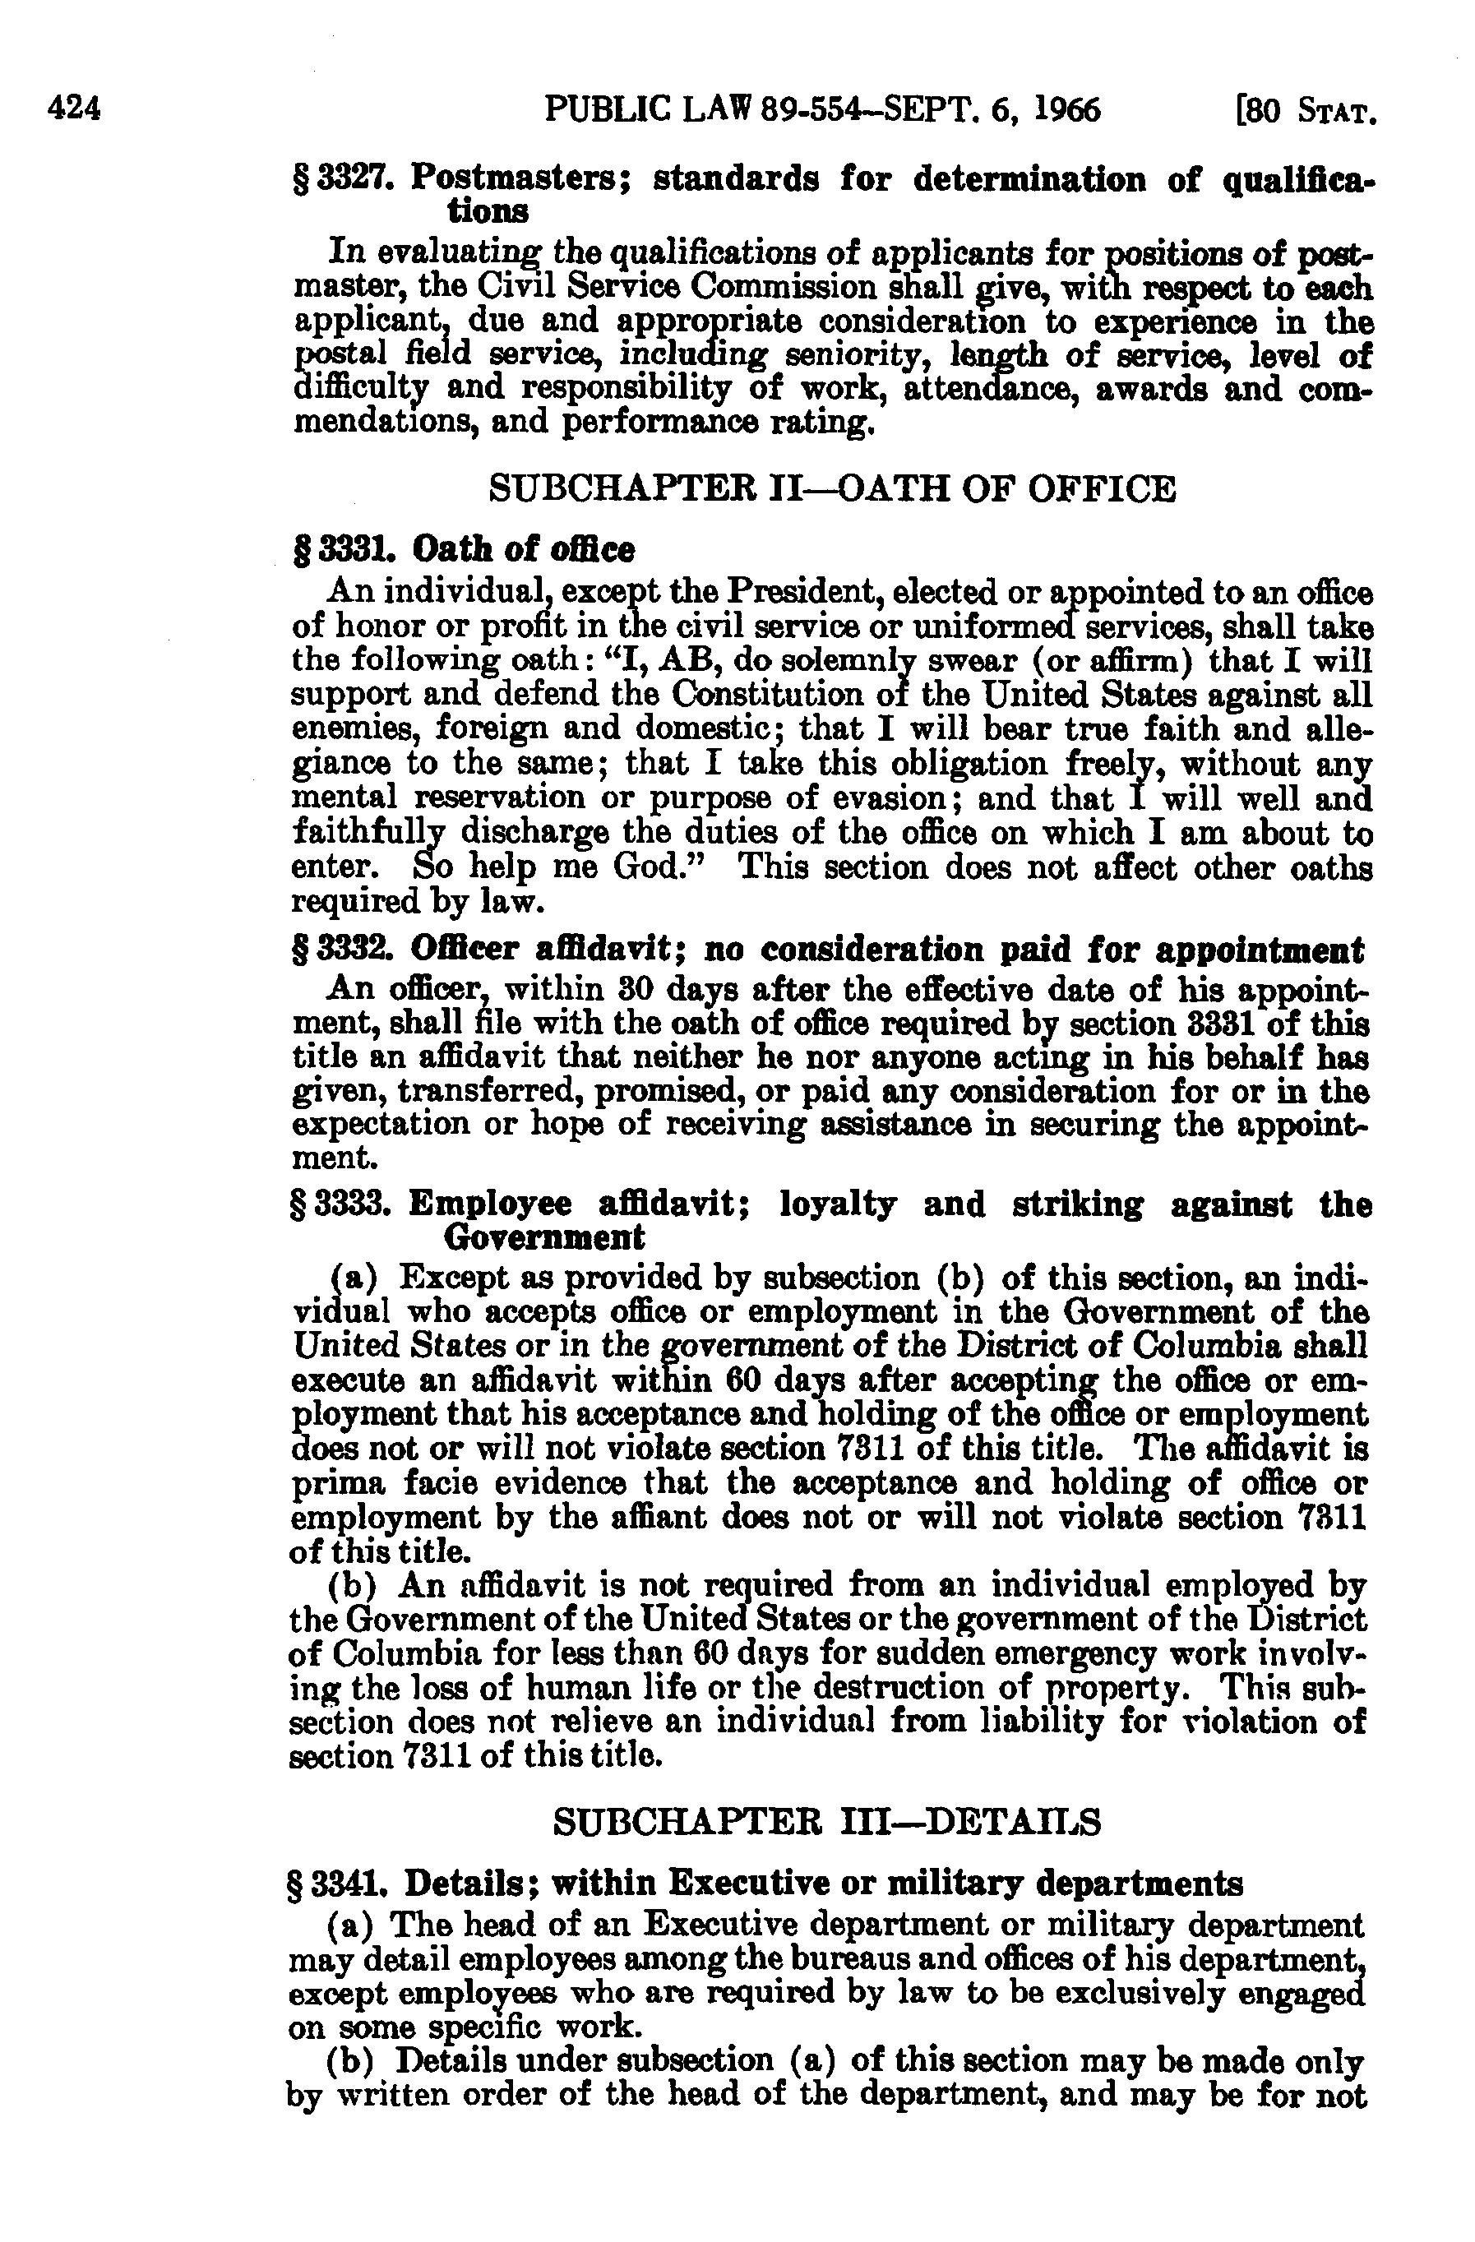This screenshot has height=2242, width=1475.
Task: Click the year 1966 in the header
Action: click(x=1066, y=110)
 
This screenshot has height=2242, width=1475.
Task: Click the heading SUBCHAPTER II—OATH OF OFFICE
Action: click(x=833, y=490)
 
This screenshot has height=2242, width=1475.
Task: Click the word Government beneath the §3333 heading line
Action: click(x=543, y=1237)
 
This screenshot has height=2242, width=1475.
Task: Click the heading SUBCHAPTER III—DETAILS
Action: click(x=825, y=1822)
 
